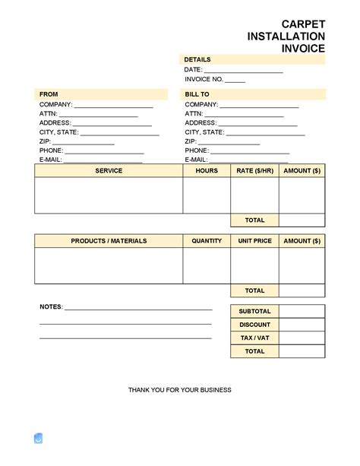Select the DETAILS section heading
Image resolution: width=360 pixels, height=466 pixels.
[197, 59]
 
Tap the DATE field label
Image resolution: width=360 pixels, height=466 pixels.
[193, 70]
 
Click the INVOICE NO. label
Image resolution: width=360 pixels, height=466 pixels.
[203, 79]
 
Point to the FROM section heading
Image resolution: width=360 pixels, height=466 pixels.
[49, 94]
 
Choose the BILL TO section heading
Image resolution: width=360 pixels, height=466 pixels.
[197, 94]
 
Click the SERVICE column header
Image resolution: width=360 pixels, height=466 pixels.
[109, 171]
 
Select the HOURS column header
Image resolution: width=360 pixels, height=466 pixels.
[207, 171]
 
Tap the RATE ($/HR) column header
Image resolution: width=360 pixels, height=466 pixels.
[254, 171]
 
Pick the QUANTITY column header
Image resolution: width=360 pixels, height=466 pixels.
[207, 241]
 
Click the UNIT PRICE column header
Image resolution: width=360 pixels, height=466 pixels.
[254, 241]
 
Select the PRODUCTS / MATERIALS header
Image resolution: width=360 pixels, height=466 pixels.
[109, 241]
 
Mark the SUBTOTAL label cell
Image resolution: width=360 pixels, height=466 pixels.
[254, 312]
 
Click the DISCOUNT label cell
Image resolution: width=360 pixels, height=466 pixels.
[254, 325]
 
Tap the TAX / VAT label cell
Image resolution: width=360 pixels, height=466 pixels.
[254, 338]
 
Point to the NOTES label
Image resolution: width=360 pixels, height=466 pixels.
[51, 307]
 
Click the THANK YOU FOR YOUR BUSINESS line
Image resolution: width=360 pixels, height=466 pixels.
[180, 390]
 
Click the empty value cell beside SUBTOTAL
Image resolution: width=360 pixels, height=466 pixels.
[302, 312]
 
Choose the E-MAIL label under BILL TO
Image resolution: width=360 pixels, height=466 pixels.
[196, 160]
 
